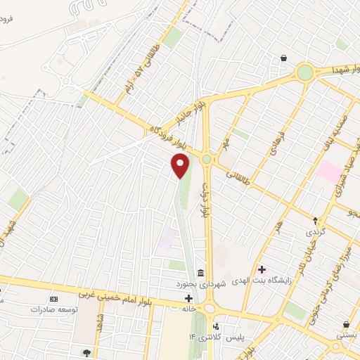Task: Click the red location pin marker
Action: coord(181,166)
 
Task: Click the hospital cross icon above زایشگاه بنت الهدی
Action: coord(262,269)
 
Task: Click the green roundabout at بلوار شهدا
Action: coord(304,72)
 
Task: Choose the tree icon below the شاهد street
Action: coord(87,352)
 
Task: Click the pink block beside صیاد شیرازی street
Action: coord(328,171)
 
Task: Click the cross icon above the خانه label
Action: coord(188,298)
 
